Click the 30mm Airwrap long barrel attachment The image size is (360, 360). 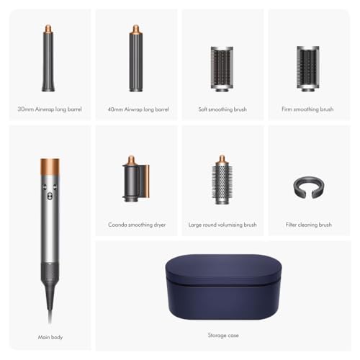pyautogui.click(x=49, y=61)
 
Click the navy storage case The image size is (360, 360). pyautogui.click(x=222, y=282)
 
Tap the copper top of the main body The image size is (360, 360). pyautogui.click(x=50, y=165)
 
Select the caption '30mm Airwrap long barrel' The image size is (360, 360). pyautogui.click(x=50, y=109)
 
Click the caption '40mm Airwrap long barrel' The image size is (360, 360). pyautogui.click(x=136, y=109)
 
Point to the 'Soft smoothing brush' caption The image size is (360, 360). pyautogui.click(x=222, y=109)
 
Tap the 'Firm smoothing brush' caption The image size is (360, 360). pyautogui.click(x=308, y=109)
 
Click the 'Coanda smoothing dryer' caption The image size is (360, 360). pyautogui.click(x=136, y=225)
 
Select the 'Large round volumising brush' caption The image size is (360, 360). pyautogui.click(x=222, y=225)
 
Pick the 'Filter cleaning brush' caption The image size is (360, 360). pyautogui.click(x=308, y=225)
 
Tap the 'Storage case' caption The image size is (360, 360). pyautogui.click(x=222, y=335)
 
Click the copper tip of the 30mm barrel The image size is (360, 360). pyautogui.click(x=49, y=32)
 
